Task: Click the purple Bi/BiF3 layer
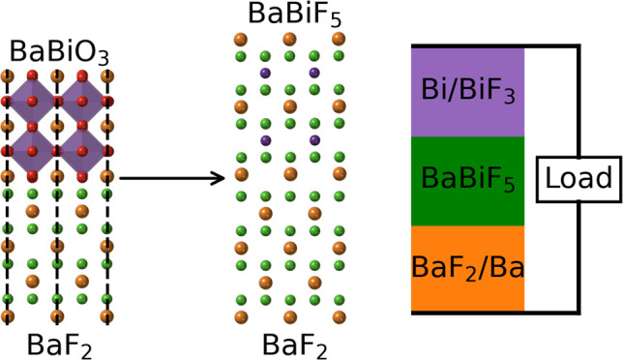tap(468, 91)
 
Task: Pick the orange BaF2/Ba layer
tap(468, 268)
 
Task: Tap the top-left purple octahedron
tap(32, 100)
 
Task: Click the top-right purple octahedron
tap(81, 100)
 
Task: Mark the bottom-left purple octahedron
tap(32, 150)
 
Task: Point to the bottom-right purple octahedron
tap(81, 150)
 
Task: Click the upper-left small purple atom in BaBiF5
tap(264, 73)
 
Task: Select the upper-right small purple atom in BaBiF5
tap(313, 73)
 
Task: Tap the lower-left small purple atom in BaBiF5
tap(264, 141)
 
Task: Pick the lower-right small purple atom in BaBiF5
tap(313, 141)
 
